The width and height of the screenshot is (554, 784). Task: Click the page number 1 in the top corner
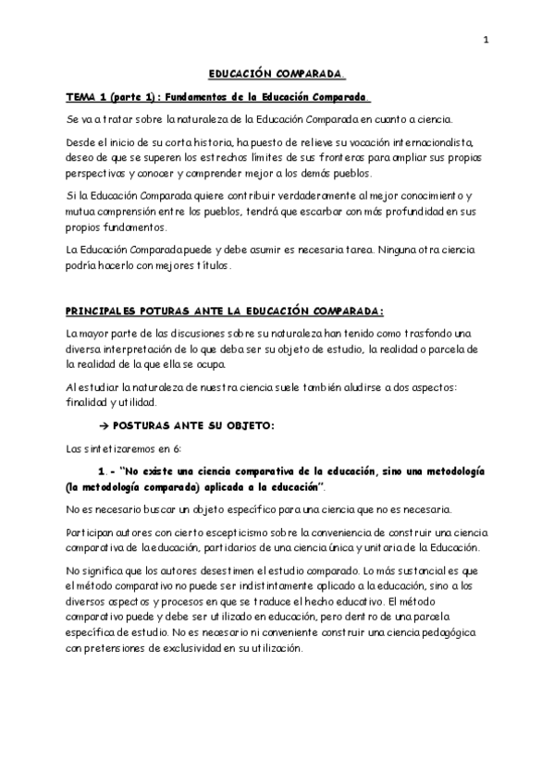pyautogui.click(x=485, y=40)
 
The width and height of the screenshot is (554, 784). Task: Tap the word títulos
pyautogui.click(x=210, y=265)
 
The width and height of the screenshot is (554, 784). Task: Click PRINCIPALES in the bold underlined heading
pyautogui.click(x=107, y=311)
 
